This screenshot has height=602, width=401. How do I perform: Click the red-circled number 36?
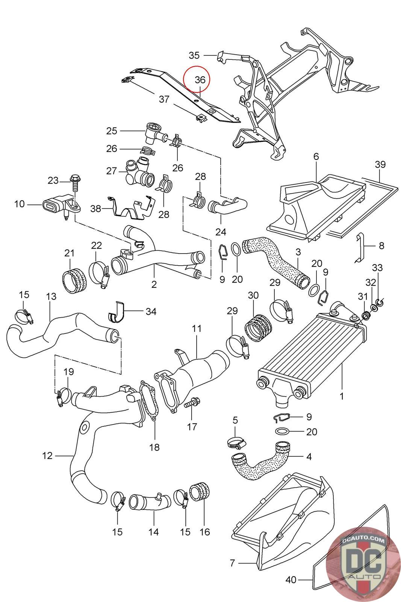(x=200, y=80)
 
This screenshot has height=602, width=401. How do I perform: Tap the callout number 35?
(x=194, y=55)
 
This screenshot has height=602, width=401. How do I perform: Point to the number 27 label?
(x=112, y=171)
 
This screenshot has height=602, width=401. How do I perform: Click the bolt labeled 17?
(x=192, y=403)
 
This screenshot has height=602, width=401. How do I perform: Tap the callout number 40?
(x=291, y=580)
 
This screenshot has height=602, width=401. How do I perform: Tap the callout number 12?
(x=47, y=456)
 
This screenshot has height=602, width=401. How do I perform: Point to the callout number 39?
(x=380, y=164)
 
